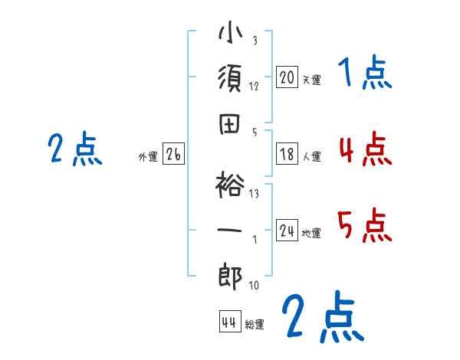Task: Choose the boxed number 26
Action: point(173,155)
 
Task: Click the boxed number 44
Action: point(228,322)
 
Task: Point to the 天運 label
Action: point(311,80)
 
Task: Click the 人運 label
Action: point(311,157)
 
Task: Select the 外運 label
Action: point(148,157)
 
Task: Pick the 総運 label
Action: point(255,324)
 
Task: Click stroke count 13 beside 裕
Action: point(254,193)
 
